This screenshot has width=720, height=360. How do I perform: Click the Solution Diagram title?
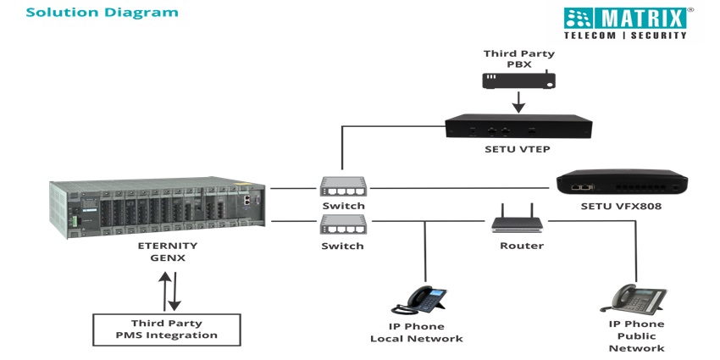pos(90,13)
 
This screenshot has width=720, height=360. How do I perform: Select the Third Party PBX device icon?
pos(519,80)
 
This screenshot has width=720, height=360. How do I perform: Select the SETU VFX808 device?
pos(621,183)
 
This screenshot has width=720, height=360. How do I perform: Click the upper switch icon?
pos(343,187)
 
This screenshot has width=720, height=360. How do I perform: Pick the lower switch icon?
pos(343,226)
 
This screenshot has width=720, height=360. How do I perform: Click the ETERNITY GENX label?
pos(168,252)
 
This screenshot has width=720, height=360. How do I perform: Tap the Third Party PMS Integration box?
pos(166,329)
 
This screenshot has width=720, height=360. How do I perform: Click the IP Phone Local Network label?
pos(417,332)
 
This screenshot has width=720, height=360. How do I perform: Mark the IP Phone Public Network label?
pos(636,336)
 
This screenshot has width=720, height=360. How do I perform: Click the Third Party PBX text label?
pos(518,58)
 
